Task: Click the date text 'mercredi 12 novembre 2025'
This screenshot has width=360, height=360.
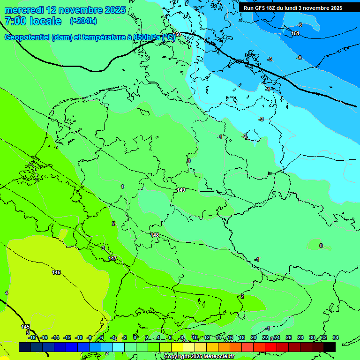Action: [x=65, y=10]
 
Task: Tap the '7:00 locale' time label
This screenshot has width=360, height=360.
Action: [x=33, y=21]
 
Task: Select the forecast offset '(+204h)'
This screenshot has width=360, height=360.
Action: [x=83, y=21]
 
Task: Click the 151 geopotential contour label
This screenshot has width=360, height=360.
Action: [x=295, y=33]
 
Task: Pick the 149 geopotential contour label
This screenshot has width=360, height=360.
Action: [x=181, y=190]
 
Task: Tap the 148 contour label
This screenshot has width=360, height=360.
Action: [x=155, y=235]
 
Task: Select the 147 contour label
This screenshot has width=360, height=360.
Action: [x=112, y=258]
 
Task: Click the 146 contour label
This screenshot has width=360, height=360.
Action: [x=56, y=272]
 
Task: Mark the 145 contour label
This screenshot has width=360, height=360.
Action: [x=25, y=327]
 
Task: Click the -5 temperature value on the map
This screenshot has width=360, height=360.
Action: [x=270, y=60]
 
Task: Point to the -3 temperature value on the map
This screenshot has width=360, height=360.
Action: [x=261, y=119]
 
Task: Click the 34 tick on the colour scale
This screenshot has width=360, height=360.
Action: [x=335, y=337]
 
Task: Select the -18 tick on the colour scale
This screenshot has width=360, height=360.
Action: [x=32, y=337]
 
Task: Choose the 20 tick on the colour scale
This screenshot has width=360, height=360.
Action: [x=254, y=337]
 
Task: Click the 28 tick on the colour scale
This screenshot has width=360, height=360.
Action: [x=300, y=337]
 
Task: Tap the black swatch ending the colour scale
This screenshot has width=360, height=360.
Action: [x=330, y=347]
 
